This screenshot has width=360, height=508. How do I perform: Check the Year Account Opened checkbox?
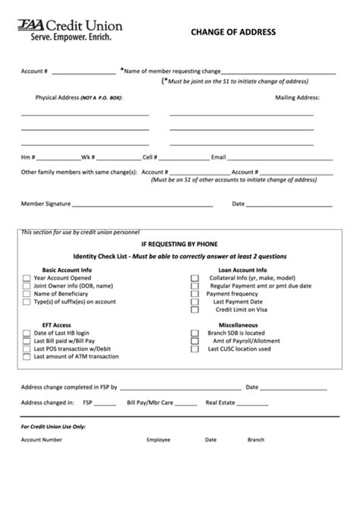[x=27, y=279]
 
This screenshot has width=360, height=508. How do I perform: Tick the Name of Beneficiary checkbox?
[x=27, y=294]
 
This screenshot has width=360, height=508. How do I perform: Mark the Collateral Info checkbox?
[x=195, y=279]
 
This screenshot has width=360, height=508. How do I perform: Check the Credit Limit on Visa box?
[x=195, y=310]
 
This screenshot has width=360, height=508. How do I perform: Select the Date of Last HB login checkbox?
[x=27, y=333]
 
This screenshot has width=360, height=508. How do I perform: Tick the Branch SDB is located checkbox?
[x=195, y=333]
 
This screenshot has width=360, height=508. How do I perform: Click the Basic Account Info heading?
[x=67, y=270]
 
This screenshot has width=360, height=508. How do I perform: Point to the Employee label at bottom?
[x=158, y=440]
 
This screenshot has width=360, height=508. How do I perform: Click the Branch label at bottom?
[x=255, y=440]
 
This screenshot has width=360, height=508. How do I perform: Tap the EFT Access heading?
[x=56, y=325]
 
